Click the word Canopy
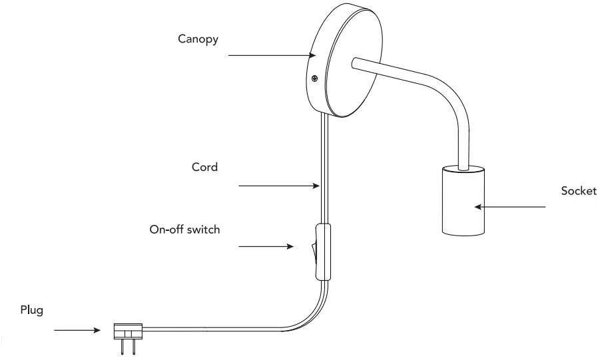198,39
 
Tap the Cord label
204,167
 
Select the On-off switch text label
184,230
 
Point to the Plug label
31,310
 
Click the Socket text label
579,191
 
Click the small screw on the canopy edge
314,79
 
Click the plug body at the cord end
128,329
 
